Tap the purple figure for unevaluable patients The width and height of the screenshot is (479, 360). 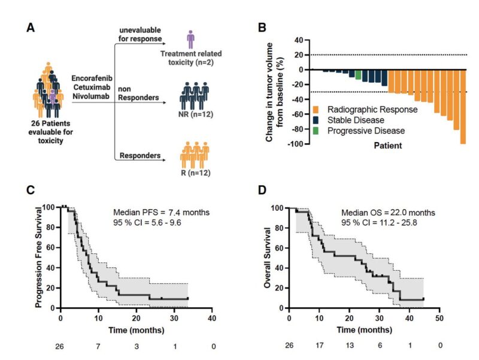191,40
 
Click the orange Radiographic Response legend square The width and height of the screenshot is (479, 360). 316,110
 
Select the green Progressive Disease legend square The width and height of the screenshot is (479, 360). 316,130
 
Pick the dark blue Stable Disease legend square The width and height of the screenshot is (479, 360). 316,120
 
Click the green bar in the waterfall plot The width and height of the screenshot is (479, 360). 358,74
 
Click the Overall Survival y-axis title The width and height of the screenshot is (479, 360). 268,257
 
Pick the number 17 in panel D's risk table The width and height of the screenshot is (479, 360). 319,346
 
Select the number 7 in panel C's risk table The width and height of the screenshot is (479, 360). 98,346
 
